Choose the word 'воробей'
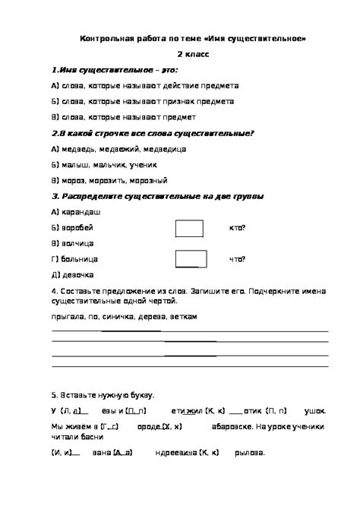(x=78, y=227)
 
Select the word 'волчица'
(x=78, y=244)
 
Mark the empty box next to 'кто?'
(x=189, y=228)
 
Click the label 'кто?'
(x=237, y=228)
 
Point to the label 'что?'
(x=237, y=260)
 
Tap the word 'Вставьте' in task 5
(x=80, y=395)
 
